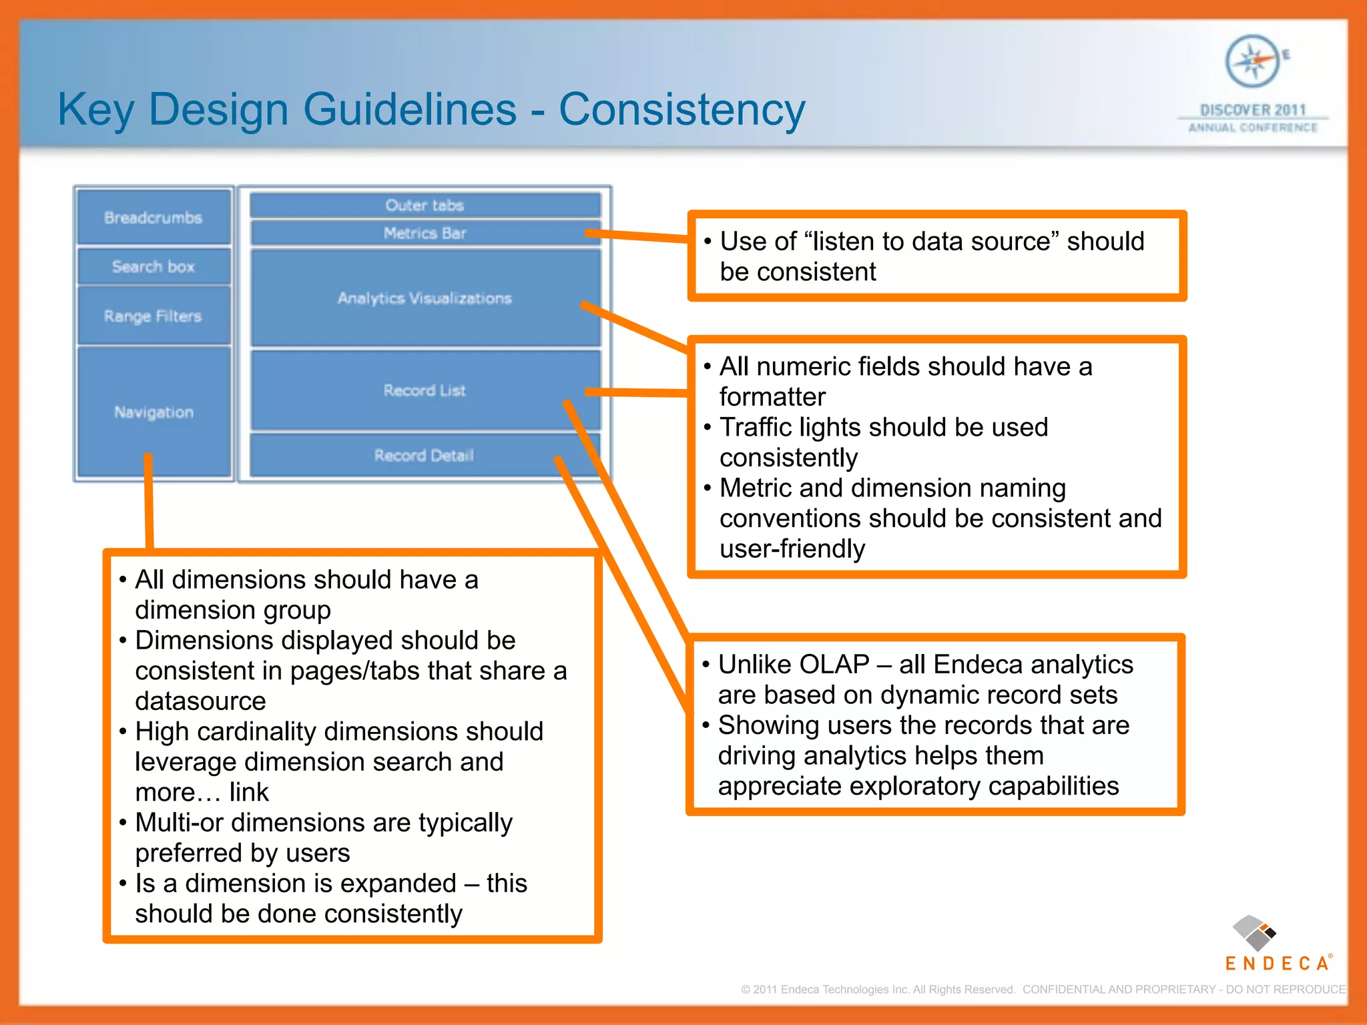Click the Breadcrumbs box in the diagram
click(x=153, y=218)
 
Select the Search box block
click(x=153, y=267)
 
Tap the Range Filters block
click(x=153, y=316)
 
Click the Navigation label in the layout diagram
click(x=154, y=412)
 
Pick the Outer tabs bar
click(x=425, y=206)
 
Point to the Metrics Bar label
click(x=425, y=233)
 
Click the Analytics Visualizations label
click(x=425, y=298)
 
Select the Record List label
click(x=425, y=390)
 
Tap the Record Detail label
click(x=424, y=455)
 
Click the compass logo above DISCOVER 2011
click(x=1253, y=61)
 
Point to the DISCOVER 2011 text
click(x=1253, y=109)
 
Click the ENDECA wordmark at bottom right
click(x=1277, y=963)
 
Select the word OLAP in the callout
click(x=834, y=665)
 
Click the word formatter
click(x=772, y=397)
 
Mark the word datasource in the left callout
click(x=200, y=701)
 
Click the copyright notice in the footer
click(x=1042, y=989)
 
